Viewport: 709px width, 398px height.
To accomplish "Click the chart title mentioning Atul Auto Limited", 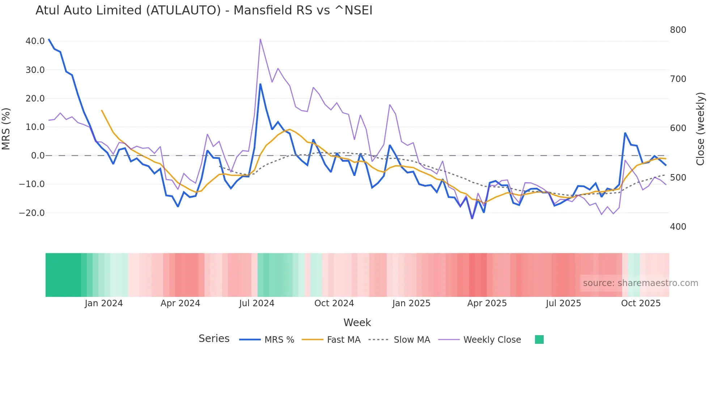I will [x=204, y=10].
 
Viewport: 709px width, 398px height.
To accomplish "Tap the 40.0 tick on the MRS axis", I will [x=35, y=41].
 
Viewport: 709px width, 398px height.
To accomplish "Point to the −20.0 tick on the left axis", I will [x=32, y=213].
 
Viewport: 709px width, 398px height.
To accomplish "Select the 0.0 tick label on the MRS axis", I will [x=38, y=156].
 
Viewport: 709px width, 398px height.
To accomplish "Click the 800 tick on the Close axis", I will [x=678, y=30].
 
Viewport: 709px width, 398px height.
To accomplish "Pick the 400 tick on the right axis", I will [x=678, y=227].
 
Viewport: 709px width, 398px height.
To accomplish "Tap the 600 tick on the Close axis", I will [x=678, y=128].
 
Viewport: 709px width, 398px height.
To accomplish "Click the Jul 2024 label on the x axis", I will [x=257, y=303].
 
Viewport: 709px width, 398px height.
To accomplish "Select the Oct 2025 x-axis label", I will [x=641, y=303].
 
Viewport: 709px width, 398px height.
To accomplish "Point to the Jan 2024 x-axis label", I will [x=104, y=303].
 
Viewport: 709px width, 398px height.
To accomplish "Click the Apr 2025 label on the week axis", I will [x=487, y=303].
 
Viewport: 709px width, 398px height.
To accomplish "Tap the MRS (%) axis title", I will [x=6, y=129].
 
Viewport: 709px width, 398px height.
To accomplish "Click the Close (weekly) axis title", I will [x=700, y=129].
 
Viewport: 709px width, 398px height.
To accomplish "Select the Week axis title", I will [x=357, y=323].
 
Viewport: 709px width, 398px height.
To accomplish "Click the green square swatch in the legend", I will [x=539, y=339].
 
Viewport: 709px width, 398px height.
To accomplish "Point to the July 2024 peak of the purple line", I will [x=260, y=39].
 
